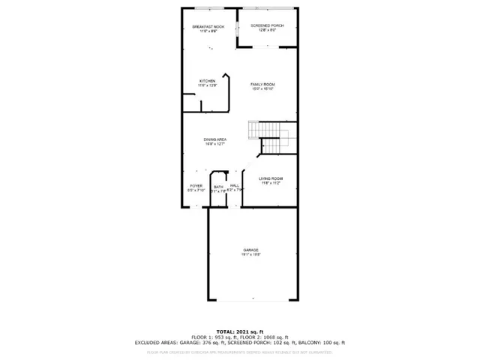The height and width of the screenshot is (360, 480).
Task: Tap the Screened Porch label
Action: click(268, 26)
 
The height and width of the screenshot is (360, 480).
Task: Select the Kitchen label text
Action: click(208, 81)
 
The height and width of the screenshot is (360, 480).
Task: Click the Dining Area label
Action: click(215, 139)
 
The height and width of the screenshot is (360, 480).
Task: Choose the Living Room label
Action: click(269, 178)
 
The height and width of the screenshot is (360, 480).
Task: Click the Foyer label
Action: click(196, 186)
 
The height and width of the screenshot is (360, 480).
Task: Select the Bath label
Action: click(218, 187)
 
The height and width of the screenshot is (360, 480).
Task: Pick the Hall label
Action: click(235, 186)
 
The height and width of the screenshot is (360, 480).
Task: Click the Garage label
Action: click(250, 250)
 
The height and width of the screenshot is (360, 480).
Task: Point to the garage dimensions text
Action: click(250, 255)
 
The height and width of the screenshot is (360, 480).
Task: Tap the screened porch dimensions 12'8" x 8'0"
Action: click(268, 31)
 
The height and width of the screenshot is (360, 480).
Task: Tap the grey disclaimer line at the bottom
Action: click(240, 351)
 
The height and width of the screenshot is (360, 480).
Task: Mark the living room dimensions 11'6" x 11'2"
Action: click(269, 184)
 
